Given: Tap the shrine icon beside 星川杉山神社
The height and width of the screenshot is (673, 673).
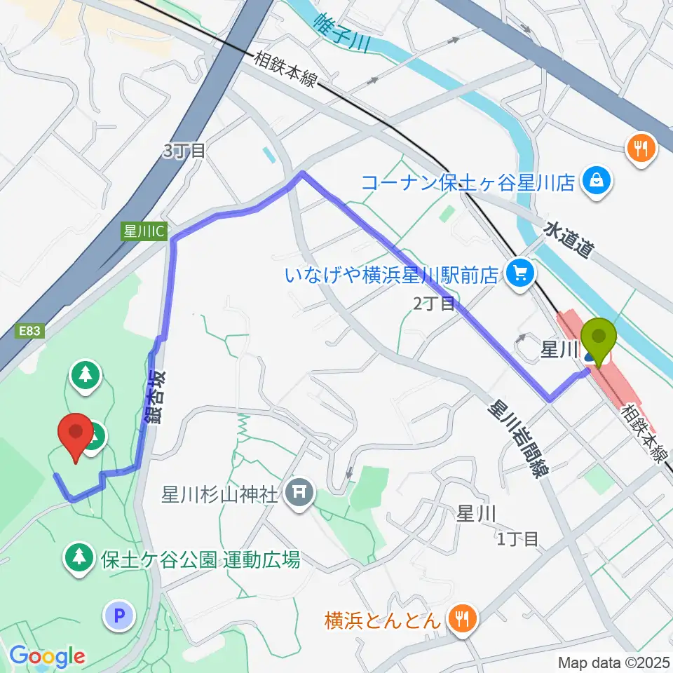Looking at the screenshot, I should pos(300,494).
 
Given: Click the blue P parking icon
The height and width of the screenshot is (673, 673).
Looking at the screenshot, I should pos(118,616).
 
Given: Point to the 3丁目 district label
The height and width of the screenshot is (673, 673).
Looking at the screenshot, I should pos(183,151).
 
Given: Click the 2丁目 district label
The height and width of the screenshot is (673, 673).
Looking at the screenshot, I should pos(433,304).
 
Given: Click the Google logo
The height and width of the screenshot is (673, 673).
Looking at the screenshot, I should pos(46,655).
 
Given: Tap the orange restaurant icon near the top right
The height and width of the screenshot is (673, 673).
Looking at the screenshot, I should pos(641,148).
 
